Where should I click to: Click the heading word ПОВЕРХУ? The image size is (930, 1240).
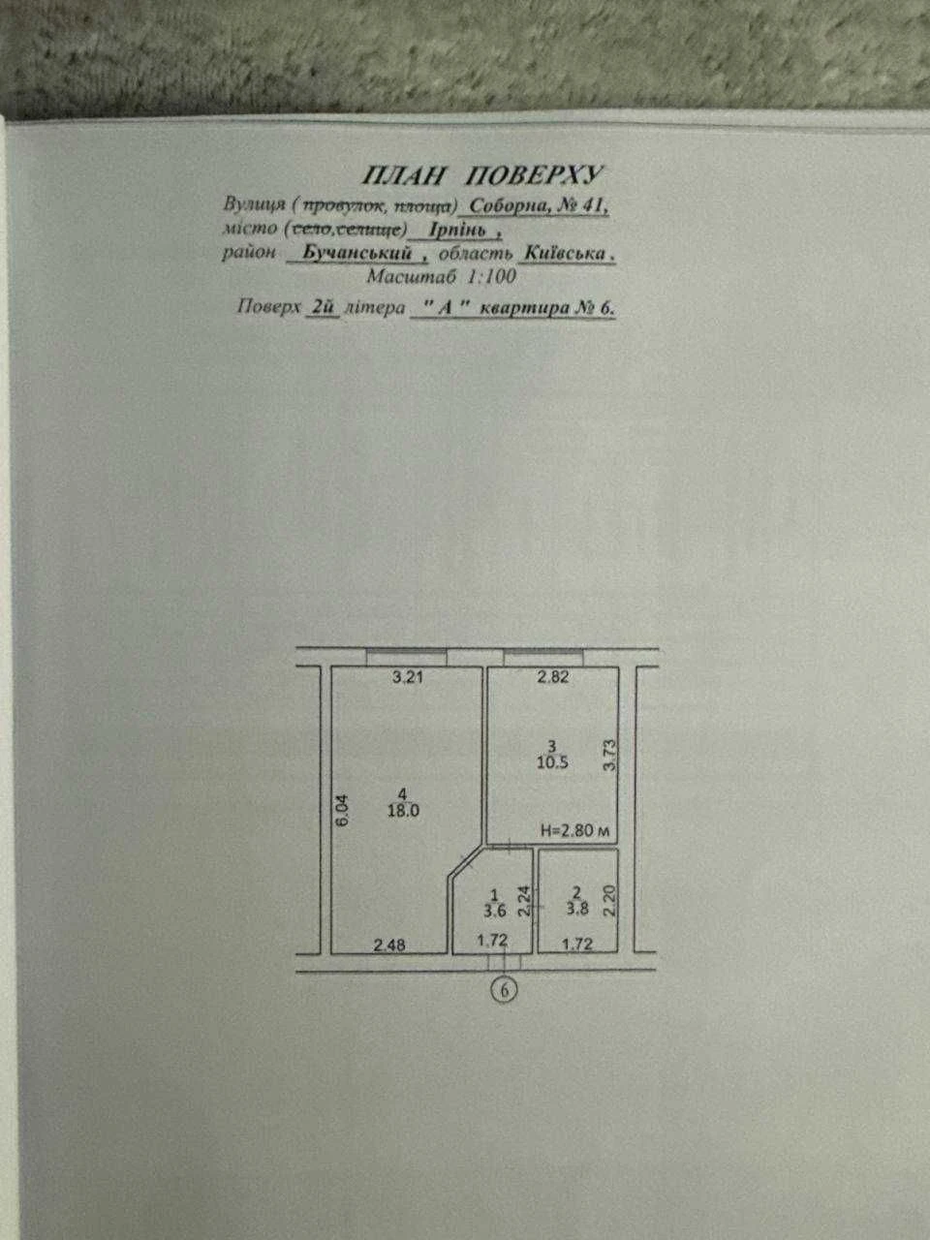[x=534, y=175]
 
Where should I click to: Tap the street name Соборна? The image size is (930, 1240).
[x=507, y=206]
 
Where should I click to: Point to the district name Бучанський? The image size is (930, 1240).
[x=356, y=253]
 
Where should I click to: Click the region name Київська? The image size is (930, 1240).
[x=565, y=253]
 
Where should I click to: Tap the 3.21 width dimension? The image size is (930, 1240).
[x=407, y=677]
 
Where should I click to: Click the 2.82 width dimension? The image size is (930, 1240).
[x=553, y=677]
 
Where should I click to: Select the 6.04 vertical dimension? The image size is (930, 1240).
[x=343, y=811]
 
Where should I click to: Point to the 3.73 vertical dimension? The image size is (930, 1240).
[x=609, y=756]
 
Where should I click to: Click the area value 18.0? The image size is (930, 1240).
[x=403, y=811]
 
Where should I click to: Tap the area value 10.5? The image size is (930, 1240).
[x=553, y=762]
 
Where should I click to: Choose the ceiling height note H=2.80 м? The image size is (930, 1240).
[x=574, y=831]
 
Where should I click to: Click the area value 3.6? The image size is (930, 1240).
[x=495, y=910]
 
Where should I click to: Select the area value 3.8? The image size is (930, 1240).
[x=576, y=909]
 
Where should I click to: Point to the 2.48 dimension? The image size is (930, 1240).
[x=389, y=945]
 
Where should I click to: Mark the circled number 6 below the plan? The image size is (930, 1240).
[x=505, y=989]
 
